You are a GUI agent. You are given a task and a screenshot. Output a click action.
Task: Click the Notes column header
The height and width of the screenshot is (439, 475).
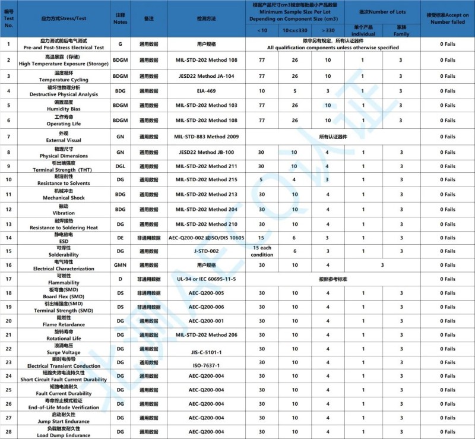120,18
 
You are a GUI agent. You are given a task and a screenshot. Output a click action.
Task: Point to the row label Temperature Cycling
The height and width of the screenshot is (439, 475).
66,76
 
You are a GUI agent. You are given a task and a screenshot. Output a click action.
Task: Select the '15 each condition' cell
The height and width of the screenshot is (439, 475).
262,251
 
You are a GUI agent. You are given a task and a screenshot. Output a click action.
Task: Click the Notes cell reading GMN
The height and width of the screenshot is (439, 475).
120,265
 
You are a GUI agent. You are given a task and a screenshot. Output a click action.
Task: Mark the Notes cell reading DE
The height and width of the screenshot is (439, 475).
120,237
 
